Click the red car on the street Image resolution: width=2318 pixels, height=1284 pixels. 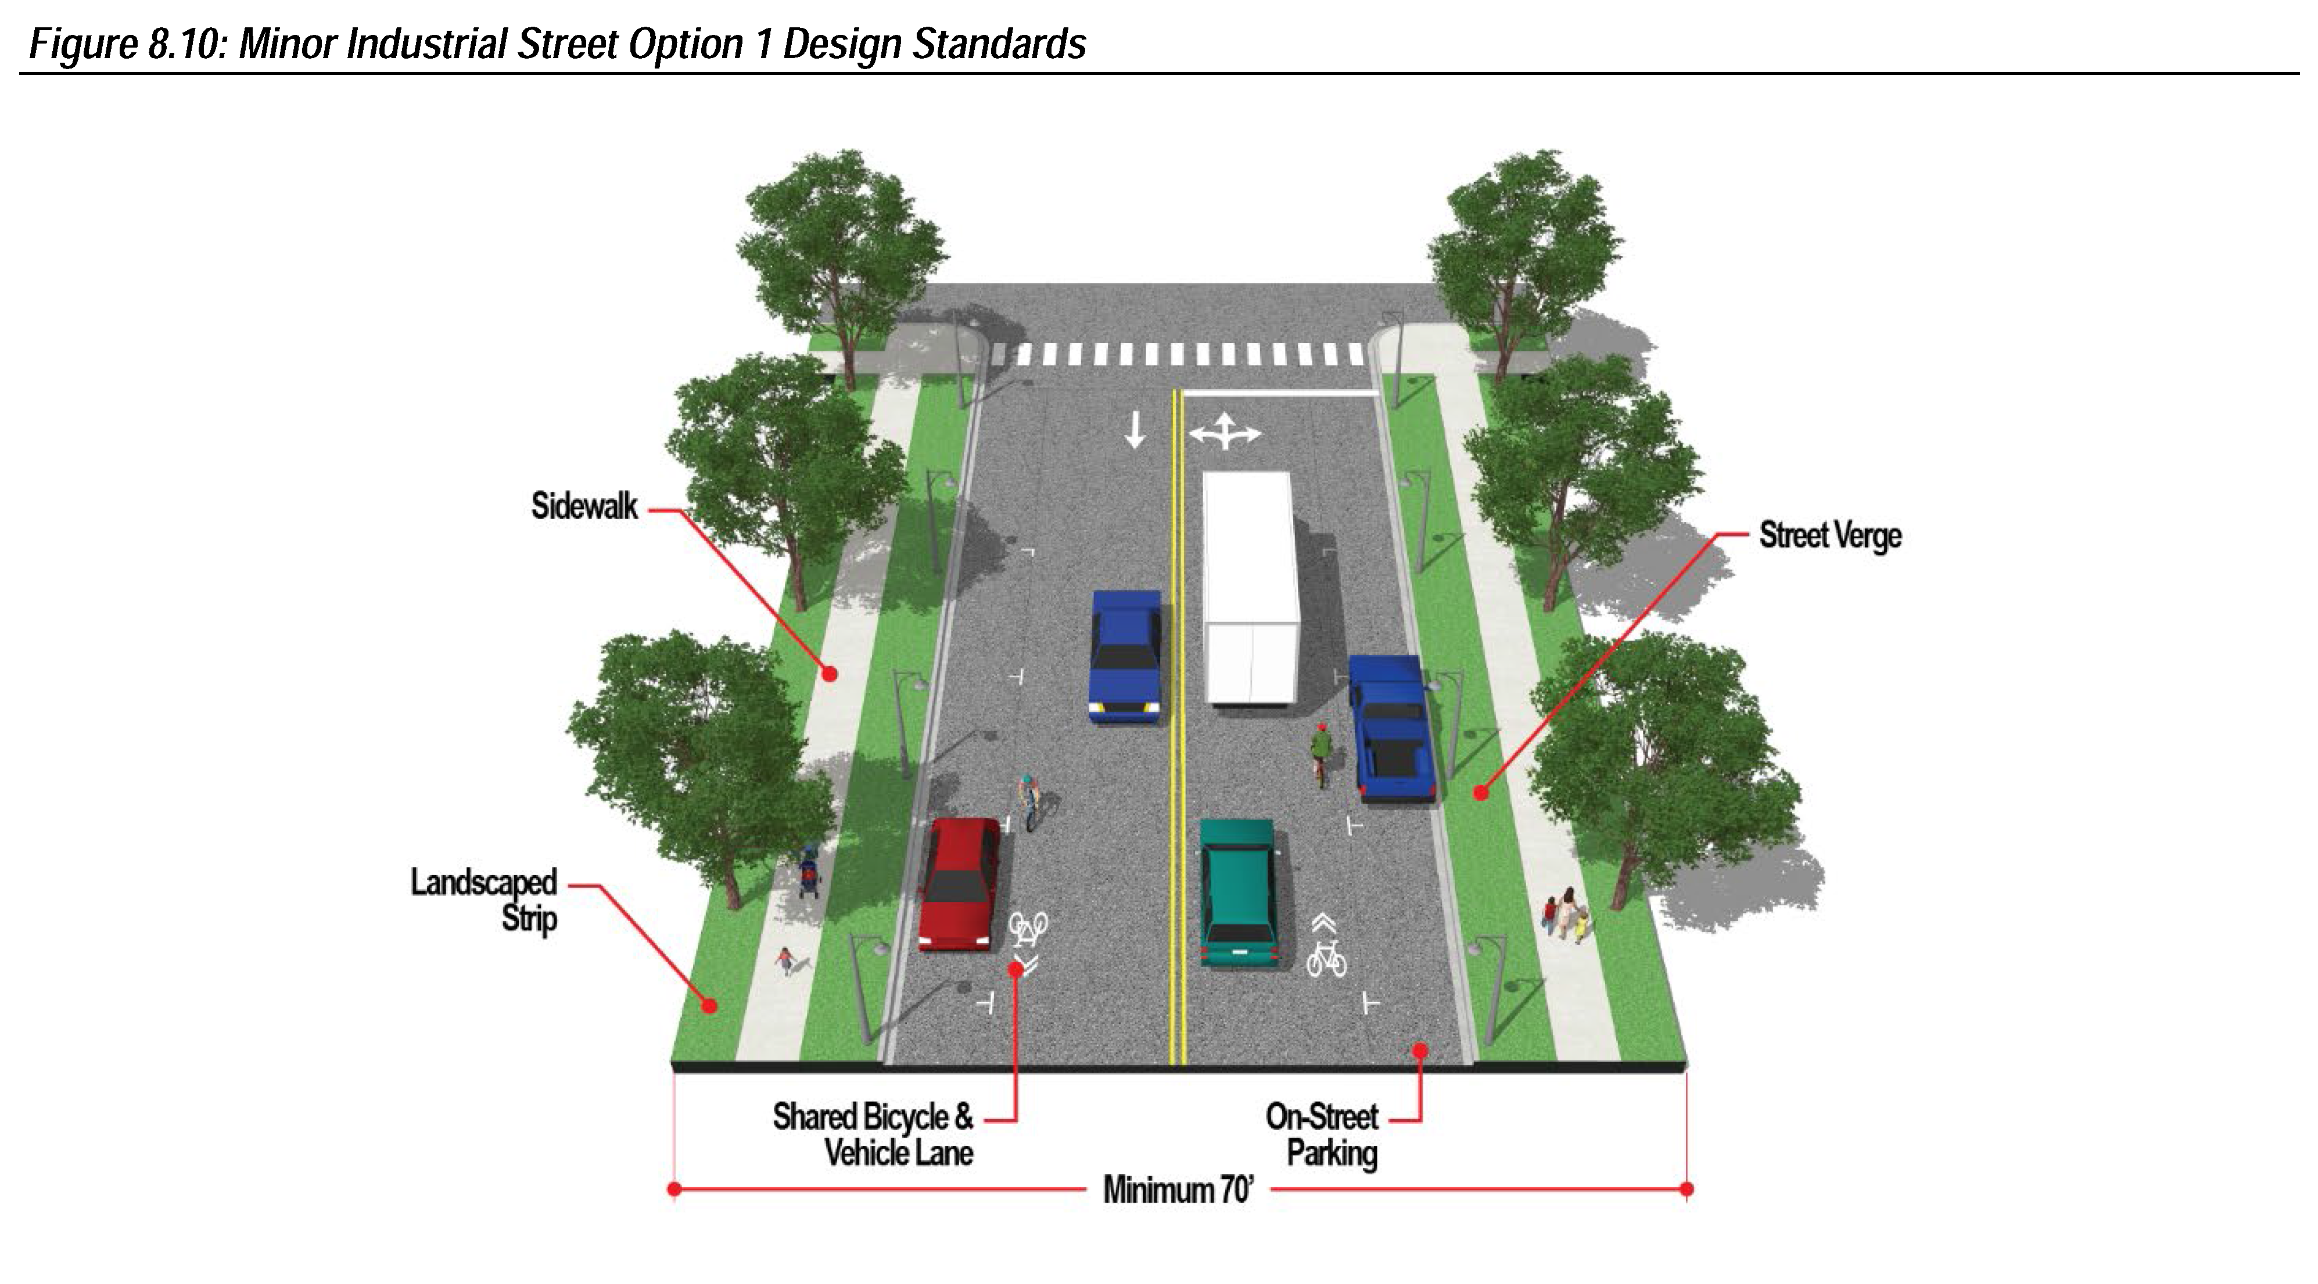pyautogui.click(x=959, y=884)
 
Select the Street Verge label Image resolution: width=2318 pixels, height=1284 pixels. pyautogui.click(x=1830, y=536)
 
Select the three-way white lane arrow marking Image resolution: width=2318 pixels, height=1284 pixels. pyautogui.click(x=1225, y=432)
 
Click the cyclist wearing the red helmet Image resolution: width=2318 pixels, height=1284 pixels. pyautogui.click(x=1320, y=754)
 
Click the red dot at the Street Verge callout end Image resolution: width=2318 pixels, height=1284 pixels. pyautogui.click(x=1480, y=793)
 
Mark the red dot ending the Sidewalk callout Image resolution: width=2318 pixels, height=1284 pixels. pyautogui.click(x=831, y=673)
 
